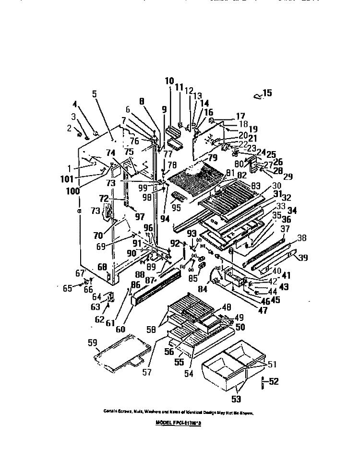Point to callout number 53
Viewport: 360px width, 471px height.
tap(237, 399)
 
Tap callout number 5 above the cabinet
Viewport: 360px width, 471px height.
tap(95, 94)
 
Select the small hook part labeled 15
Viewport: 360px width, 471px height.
tap(257, 97)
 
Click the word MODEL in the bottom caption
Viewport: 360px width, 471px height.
tap(166, 423)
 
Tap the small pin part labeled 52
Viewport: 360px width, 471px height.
tap(263, 383)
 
